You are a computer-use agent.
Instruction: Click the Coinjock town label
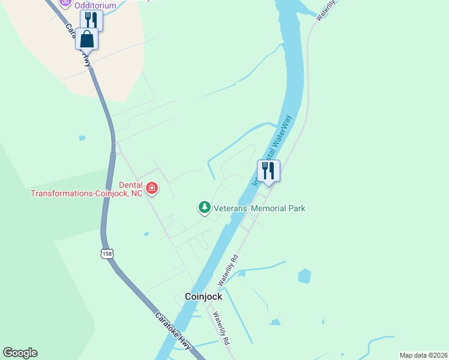click(x=203, y=296)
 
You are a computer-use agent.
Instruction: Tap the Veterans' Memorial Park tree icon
click(x=205, y=208)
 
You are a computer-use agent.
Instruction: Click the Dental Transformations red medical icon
click(x=152, y=189)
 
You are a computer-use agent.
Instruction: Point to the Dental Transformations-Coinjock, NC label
click(x=87, y=190)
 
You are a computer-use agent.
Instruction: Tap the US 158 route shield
click(x=107, y=254)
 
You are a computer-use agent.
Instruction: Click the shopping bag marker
click(x=86, y=39)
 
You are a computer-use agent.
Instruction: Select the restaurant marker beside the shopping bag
click(x=91, y=20)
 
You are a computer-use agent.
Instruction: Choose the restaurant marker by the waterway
click(x=268, y=170)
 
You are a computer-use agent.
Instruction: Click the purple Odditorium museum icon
click(x=65, y=2)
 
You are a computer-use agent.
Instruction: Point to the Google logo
click(x=20, y=353)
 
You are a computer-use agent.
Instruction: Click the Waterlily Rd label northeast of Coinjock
click(x=228, y=271)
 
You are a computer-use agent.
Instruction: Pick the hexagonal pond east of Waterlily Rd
click(x=305, y=276)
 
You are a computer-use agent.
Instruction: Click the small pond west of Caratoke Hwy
click(x=82, y=138)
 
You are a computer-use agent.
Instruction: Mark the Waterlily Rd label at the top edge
click(x=327, y=10)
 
